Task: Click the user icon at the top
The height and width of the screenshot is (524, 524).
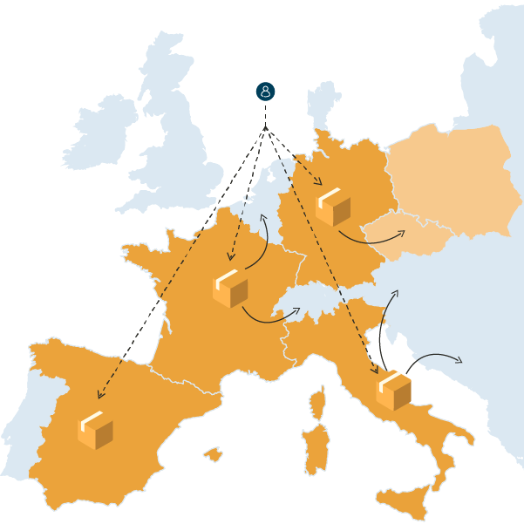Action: click(266, 92)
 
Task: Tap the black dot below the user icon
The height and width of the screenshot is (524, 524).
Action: click(266, 129)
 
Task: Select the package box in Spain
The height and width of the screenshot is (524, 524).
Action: click(95, 430)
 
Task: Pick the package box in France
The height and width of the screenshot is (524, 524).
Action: click(230, 289)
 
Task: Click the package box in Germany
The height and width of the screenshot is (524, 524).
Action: click(333, 207)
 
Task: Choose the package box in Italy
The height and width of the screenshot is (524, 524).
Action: click(393, 389)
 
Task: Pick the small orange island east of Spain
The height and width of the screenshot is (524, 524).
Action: click(213, 454)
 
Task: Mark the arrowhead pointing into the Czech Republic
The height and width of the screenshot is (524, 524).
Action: click(404, 232)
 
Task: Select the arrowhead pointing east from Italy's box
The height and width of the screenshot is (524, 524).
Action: click(460, 359)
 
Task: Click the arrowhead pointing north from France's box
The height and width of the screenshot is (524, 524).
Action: click(263, 214)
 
